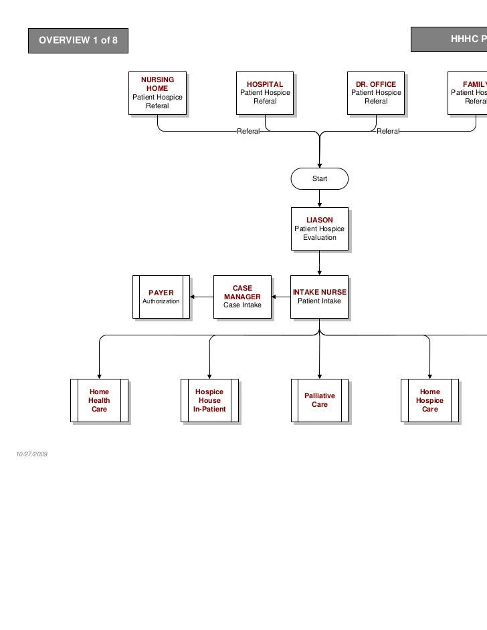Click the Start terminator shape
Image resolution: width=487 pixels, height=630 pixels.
point(320,179)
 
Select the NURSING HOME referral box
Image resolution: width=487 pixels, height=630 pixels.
point(157,93)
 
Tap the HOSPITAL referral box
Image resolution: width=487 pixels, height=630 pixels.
point(265,93)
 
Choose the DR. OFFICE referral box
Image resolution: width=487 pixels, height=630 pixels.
point(376,93)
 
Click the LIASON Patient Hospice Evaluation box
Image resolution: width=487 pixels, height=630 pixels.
point(320,228)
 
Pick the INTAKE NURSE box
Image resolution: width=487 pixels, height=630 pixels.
point(320,297)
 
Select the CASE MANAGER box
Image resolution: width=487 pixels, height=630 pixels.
point(242,297)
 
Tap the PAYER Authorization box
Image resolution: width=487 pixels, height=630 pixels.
point(161,297)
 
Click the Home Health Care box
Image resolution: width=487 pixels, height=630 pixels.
point(99,400)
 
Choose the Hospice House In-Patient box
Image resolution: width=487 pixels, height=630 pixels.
point(209,400)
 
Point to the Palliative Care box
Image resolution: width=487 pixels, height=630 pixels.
point(320,400)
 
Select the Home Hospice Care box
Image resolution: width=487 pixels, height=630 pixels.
point(429,400)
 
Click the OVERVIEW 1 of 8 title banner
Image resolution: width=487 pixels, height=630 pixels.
point(78,41)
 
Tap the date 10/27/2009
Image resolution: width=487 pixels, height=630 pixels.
point(31,455)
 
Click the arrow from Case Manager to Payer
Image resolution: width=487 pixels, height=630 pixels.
point(201,297)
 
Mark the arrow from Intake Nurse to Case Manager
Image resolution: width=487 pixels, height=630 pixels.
point(281,297)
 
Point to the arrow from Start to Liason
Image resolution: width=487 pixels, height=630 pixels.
point(320,198)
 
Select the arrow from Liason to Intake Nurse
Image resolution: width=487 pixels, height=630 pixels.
point(320,263)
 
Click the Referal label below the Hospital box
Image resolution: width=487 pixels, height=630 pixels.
point(249,132)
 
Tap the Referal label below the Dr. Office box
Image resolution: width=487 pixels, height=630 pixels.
point(389,132)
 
